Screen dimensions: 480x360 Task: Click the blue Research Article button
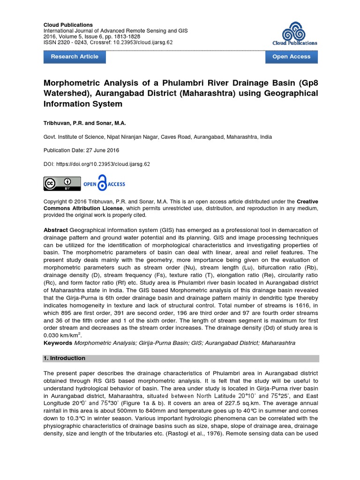pos(75,57)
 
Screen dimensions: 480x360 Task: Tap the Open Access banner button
pos(291,57)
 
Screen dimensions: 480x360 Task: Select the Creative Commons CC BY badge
pos(61,184)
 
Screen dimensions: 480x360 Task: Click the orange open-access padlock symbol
pos(102,183)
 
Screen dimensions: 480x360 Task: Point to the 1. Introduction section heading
pos(64,358)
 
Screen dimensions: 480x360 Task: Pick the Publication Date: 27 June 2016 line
pos(81,150)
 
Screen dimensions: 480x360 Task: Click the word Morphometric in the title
pos(75,83)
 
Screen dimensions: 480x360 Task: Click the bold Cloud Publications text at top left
pos(68,24)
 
